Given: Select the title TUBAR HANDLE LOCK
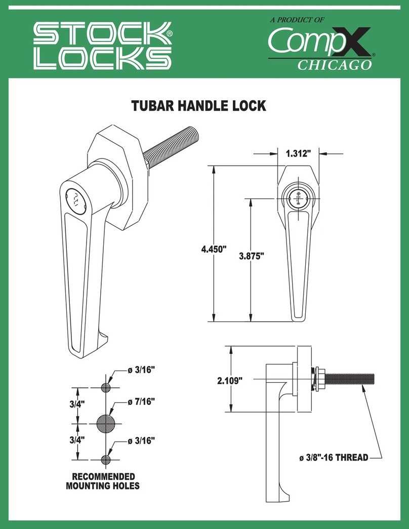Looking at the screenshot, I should point(198,106).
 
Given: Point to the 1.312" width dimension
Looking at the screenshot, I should point(302,153).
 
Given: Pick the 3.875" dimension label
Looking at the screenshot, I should point(252,256).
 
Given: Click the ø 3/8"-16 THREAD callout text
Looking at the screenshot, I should point(333,458).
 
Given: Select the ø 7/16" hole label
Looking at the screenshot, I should point(140,401).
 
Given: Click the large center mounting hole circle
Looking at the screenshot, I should point(106,423).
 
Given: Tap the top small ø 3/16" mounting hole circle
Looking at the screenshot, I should point(106,388).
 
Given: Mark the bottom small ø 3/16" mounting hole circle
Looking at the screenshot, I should point(106,459).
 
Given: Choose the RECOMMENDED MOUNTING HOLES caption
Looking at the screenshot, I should point(103,481).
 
